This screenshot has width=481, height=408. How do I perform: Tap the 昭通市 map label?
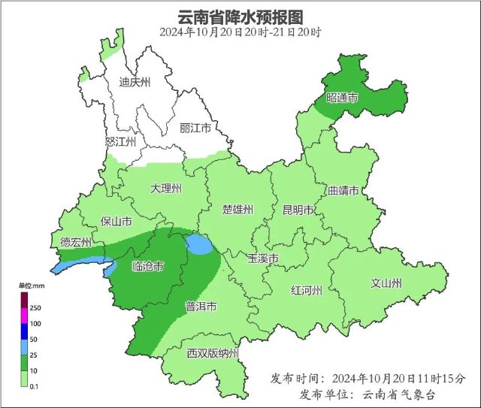(342, 98)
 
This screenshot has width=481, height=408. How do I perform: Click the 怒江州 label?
(120, 141)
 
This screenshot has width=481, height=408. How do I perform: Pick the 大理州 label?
(165, 188)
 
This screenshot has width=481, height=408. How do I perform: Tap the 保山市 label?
(116, 222)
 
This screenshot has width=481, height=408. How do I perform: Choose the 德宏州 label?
(76, 242)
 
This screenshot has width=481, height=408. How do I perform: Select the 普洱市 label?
(201, 307)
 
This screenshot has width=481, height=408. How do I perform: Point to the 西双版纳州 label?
(213, 353)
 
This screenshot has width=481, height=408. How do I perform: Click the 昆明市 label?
(298, 210)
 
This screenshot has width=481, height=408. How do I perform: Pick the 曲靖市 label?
(343, 190)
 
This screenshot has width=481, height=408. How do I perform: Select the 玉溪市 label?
(263, 258)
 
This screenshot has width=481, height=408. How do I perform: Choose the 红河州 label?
(307, 291)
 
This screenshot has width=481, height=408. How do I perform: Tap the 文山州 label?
(386, 283)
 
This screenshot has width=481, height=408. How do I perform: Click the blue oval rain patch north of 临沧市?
(199, 244)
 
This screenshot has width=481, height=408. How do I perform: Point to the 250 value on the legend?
(35, 308)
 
